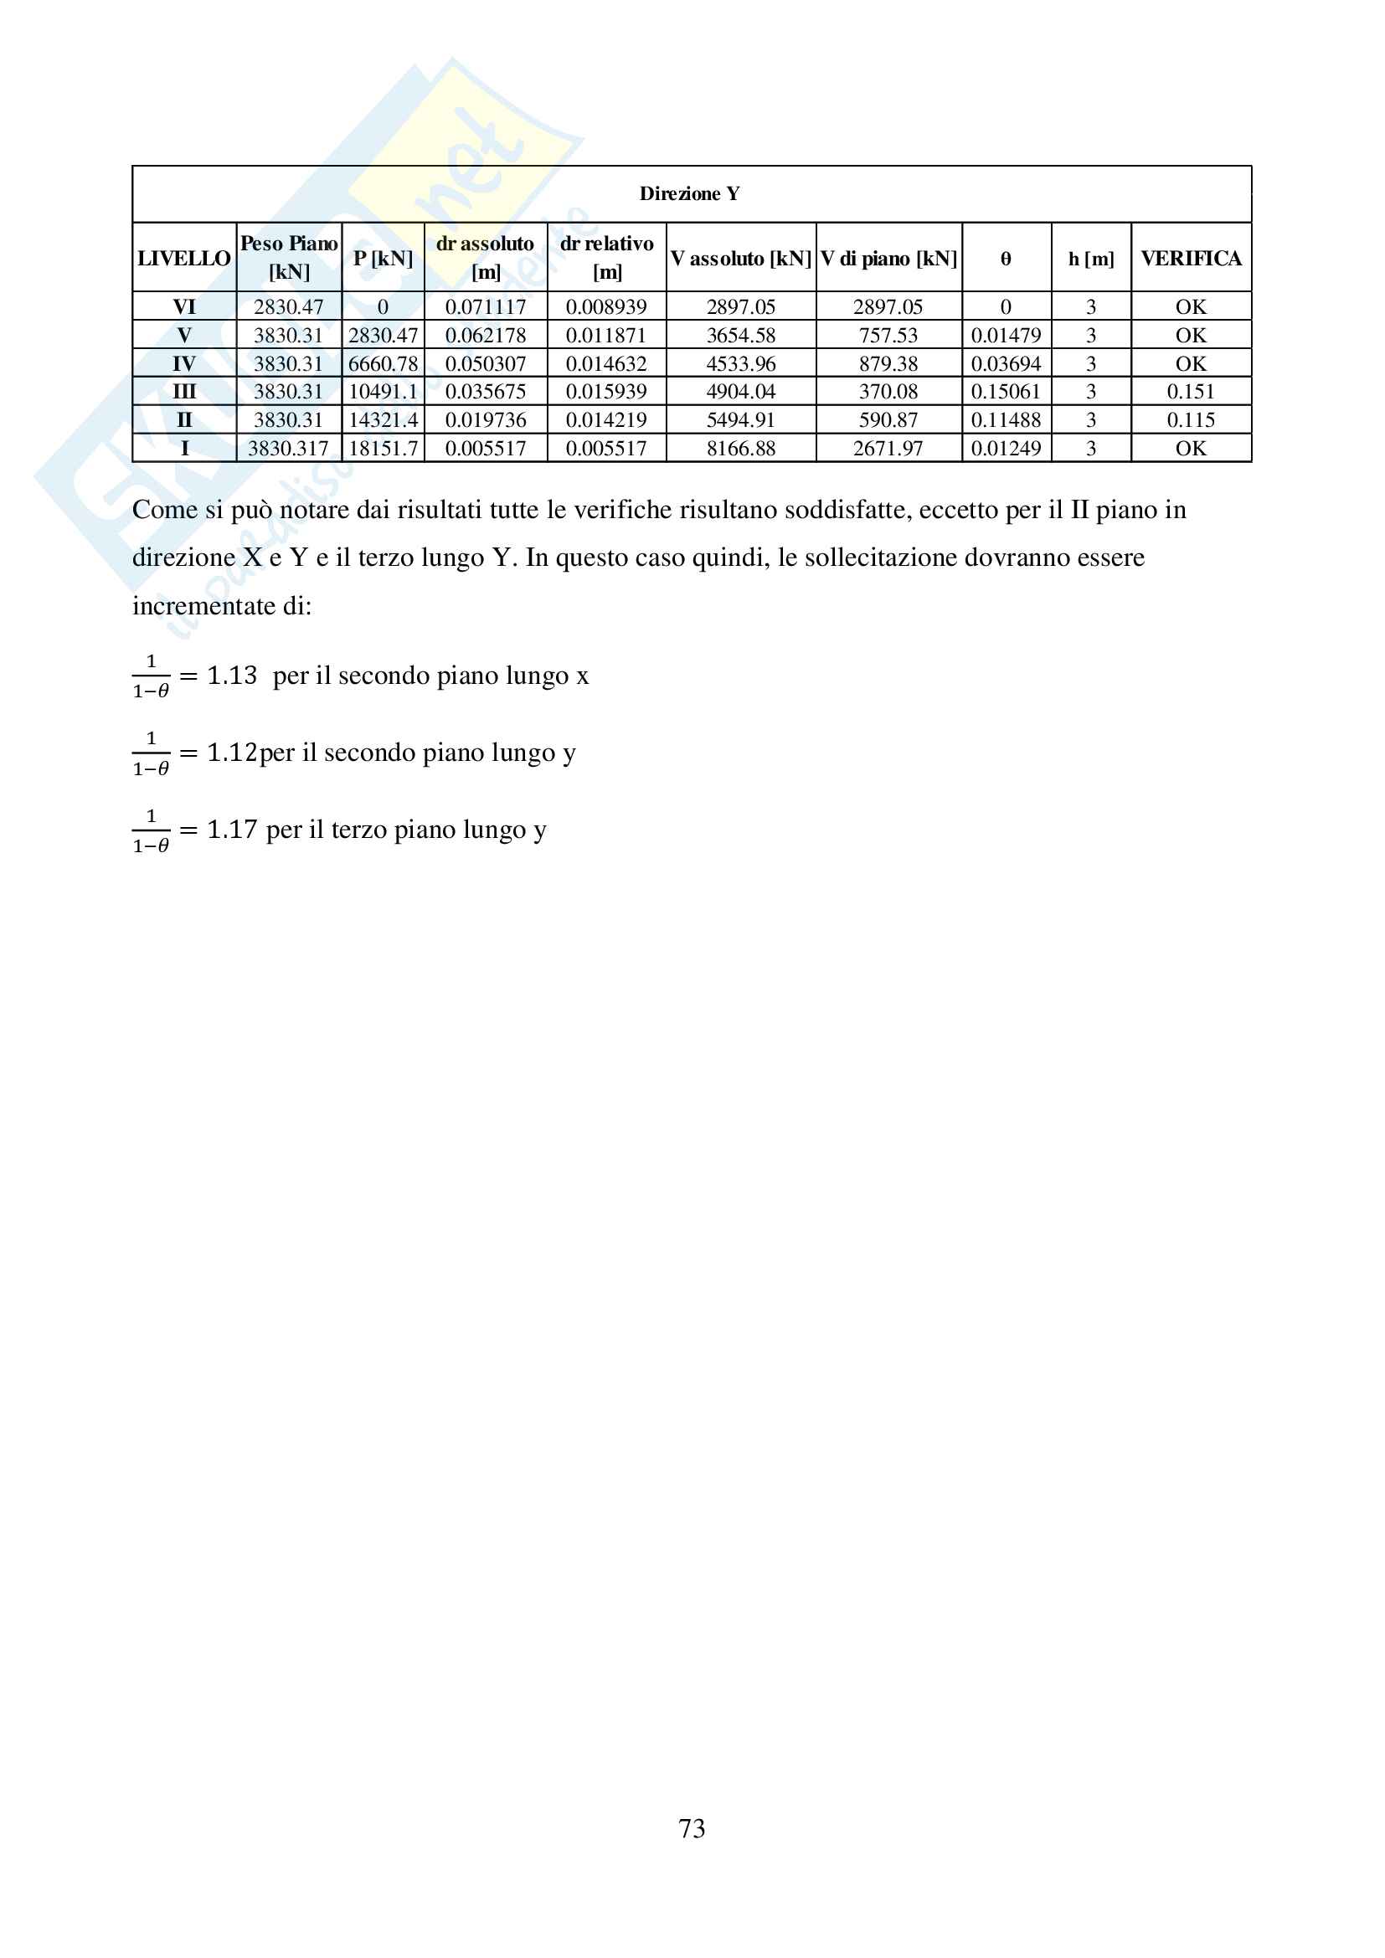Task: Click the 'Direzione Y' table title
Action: point(689,193)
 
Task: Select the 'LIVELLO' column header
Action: point(184,259)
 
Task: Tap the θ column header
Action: point(1006,259)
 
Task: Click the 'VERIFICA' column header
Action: point(1191,259)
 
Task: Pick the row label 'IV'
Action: point(184,364)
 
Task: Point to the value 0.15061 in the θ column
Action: point(1006,393)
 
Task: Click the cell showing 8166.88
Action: point(740,449)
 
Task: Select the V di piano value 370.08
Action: point(888,393)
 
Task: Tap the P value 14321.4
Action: point(383,420)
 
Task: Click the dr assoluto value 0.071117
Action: point(486,307)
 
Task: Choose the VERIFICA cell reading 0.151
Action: point(1191,393)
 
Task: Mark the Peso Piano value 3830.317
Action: point(288,449)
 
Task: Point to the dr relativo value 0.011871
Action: point(606,335)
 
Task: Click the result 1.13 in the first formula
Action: point(231,676)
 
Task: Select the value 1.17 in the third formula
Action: point(231,830)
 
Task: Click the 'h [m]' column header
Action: point(1091,259)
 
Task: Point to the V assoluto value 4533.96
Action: point(740,364)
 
